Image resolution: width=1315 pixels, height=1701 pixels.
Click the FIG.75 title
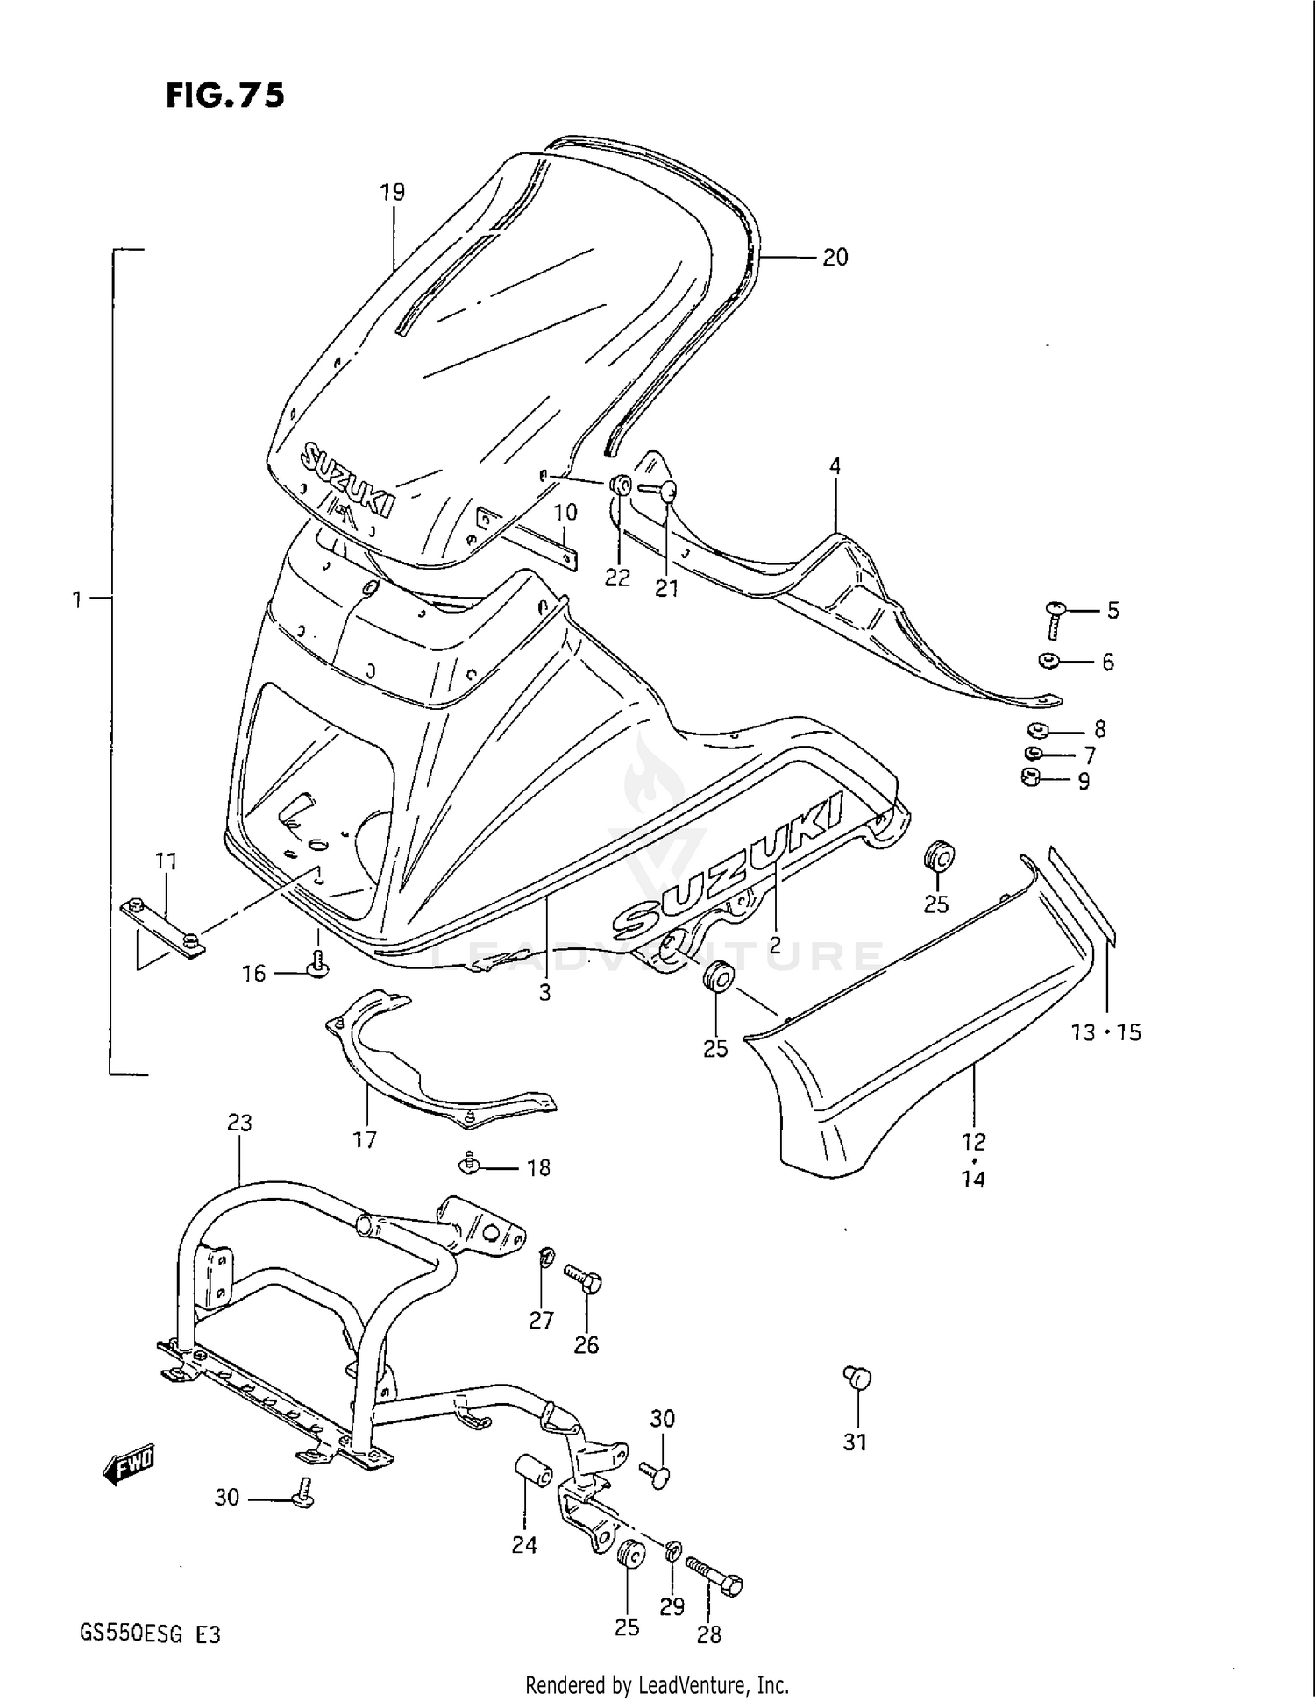click(x=225, y=95)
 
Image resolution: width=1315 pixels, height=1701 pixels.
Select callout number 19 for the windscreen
click(x=393, y=192)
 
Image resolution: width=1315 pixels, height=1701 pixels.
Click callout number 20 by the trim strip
click(x=835, y=257)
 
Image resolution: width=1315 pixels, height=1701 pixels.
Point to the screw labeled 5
click(x=1056, y=620)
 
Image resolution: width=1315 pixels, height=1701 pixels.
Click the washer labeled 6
click(x=1048, y=660)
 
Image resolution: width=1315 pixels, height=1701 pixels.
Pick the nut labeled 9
click(x=1031, y=776)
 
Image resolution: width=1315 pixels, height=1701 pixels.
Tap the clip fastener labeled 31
click(x=857, y=1379)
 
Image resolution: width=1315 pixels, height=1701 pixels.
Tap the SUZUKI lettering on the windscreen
click(x=347, y=478)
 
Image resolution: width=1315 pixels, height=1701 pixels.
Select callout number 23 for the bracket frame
click(x=239, y=1123)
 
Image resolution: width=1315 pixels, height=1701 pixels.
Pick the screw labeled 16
click(x=317, y=964)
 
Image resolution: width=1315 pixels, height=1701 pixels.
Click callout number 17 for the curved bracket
click(x=365, y=1139)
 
